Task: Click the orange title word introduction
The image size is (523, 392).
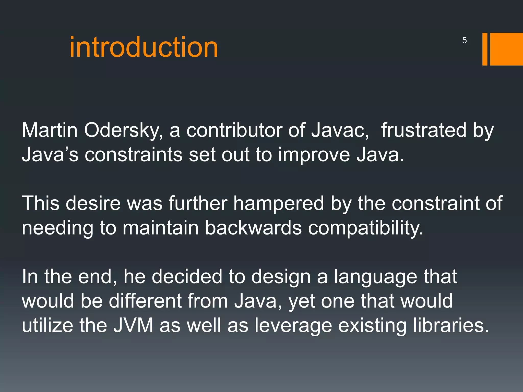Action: point(144,47)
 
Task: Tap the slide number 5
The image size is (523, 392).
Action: point(464,40)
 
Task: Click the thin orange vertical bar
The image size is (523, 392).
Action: point(485,49)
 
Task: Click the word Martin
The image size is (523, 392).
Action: point(50,130)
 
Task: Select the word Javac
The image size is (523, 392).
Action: point(340,130)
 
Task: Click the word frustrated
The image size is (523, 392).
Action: point(424,130)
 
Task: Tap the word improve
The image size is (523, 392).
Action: point(314,155)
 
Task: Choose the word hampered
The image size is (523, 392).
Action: point(279,204)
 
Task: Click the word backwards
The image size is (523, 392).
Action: point(253,228)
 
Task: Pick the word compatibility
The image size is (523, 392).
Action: point(366,228)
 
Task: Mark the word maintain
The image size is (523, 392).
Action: point(161,228)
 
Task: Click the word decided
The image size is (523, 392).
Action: point(187,277)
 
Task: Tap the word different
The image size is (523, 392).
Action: point(145,301)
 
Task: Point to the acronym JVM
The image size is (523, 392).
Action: point(133,325)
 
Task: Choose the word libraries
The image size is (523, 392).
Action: point(451,325)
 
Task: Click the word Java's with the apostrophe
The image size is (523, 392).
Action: point(50,155)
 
